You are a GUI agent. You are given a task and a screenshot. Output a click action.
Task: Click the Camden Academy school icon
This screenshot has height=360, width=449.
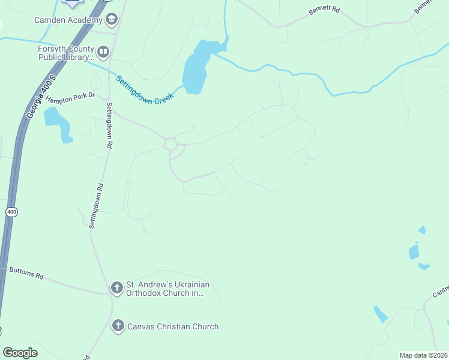pyautogui.click(x=111, y=20)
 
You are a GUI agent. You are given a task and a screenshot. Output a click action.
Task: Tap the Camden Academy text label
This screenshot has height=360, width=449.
pyautogui.click(x=68, y=20)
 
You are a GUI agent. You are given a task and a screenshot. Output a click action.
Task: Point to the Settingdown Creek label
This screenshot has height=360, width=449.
pyautogui.click(x=145, y=91)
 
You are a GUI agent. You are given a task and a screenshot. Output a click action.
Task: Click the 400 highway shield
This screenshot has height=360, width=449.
pyautogui.click(x=11, y=212)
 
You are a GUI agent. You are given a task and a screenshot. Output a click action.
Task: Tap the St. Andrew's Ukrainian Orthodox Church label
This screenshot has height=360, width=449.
pyautogui.click(x=167, y=289)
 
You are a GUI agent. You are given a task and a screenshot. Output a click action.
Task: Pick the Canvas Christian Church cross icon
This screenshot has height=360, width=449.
pyautogui.click(x=118, y=326)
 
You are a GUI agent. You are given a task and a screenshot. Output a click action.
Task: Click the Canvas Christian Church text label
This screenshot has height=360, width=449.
pyautogui.click(x=172, y=326)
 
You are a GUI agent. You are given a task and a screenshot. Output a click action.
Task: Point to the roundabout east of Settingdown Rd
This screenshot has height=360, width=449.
pyautogui.click(x=170, y=144)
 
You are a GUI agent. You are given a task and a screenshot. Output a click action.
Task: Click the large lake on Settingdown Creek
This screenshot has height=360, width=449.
pyautogui.click(x=196, y=67)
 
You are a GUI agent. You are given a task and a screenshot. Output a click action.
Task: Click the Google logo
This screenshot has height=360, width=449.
pyautogui.click(x=20, y=353)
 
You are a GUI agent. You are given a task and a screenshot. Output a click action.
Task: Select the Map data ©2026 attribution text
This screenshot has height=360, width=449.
pyautogui.click(x=423, y=355)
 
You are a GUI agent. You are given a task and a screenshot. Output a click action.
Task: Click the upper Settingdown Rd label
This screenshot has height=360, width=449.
pyautogui.click(x=110, y=125)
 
